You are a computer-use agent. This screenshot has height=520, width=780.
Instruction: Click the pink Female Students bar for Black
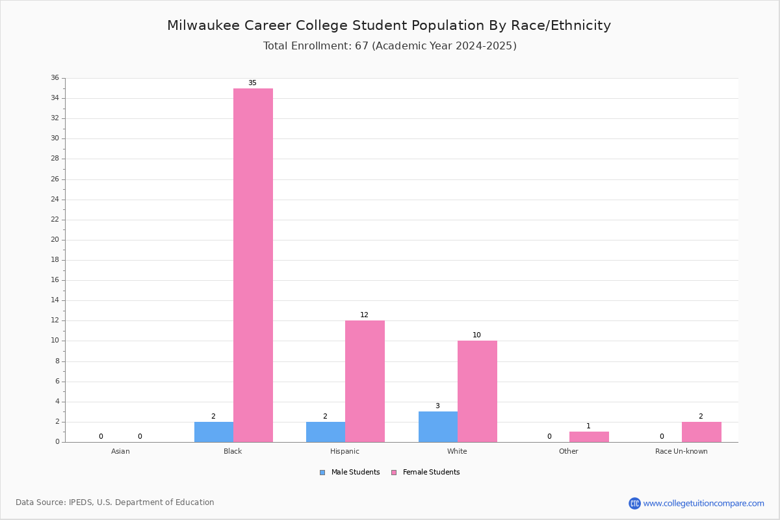pos(253,265)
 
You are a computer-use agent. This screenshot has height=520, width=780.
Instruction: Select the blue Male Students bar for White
pos(438,427)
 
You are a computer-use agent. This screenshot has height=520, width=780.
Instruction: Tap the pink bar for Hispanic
pos(365,382)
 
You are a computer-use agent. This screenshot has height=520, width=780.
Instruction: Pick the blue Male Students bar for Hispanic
pos(326,432)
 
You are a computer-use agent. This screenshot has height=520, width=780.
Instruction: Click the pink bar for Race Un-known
pos(701,432)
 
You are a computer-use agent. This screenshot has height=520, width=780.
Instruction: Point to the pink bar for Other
pos(589,437)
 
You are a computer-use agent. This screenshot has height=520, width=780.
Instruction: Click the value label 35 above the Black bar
pos(252,83)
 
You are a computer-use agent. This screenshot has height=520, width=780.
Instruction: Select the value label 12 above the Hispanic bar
pos(364,315)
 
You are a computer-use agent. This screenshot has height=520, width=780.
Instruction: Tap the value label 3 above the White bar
pos(437,406)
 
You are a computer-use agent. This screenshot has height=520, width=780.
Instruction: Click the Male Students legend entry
pos(350,473)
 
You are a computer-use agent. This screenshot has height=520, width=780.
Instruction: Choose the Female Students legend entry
pos(425,473)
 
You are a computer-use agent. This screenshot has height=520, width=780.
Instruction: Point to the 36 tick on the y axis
pos(55,77)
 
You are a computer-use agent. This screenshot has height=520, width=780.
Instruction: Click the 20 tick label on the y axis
pos(55,240)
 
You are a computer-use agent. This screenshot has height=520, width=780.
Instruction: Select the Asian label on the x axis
pos(120,451)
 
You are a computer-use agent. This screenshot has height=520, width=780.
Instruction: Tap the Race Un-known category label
pos(681,451)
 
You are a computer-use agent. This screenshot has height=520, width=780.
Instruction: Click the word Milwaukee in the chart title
pos(203,25)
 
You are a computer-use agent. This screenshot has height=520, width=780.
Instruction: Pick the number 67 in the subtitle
pos(362,46)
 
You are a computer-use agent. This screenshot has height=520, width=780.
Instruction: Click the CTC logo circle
pos(634,503)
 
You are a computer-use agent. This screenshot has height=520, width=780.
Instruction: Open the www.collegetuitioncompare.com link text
pos(704,503)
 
